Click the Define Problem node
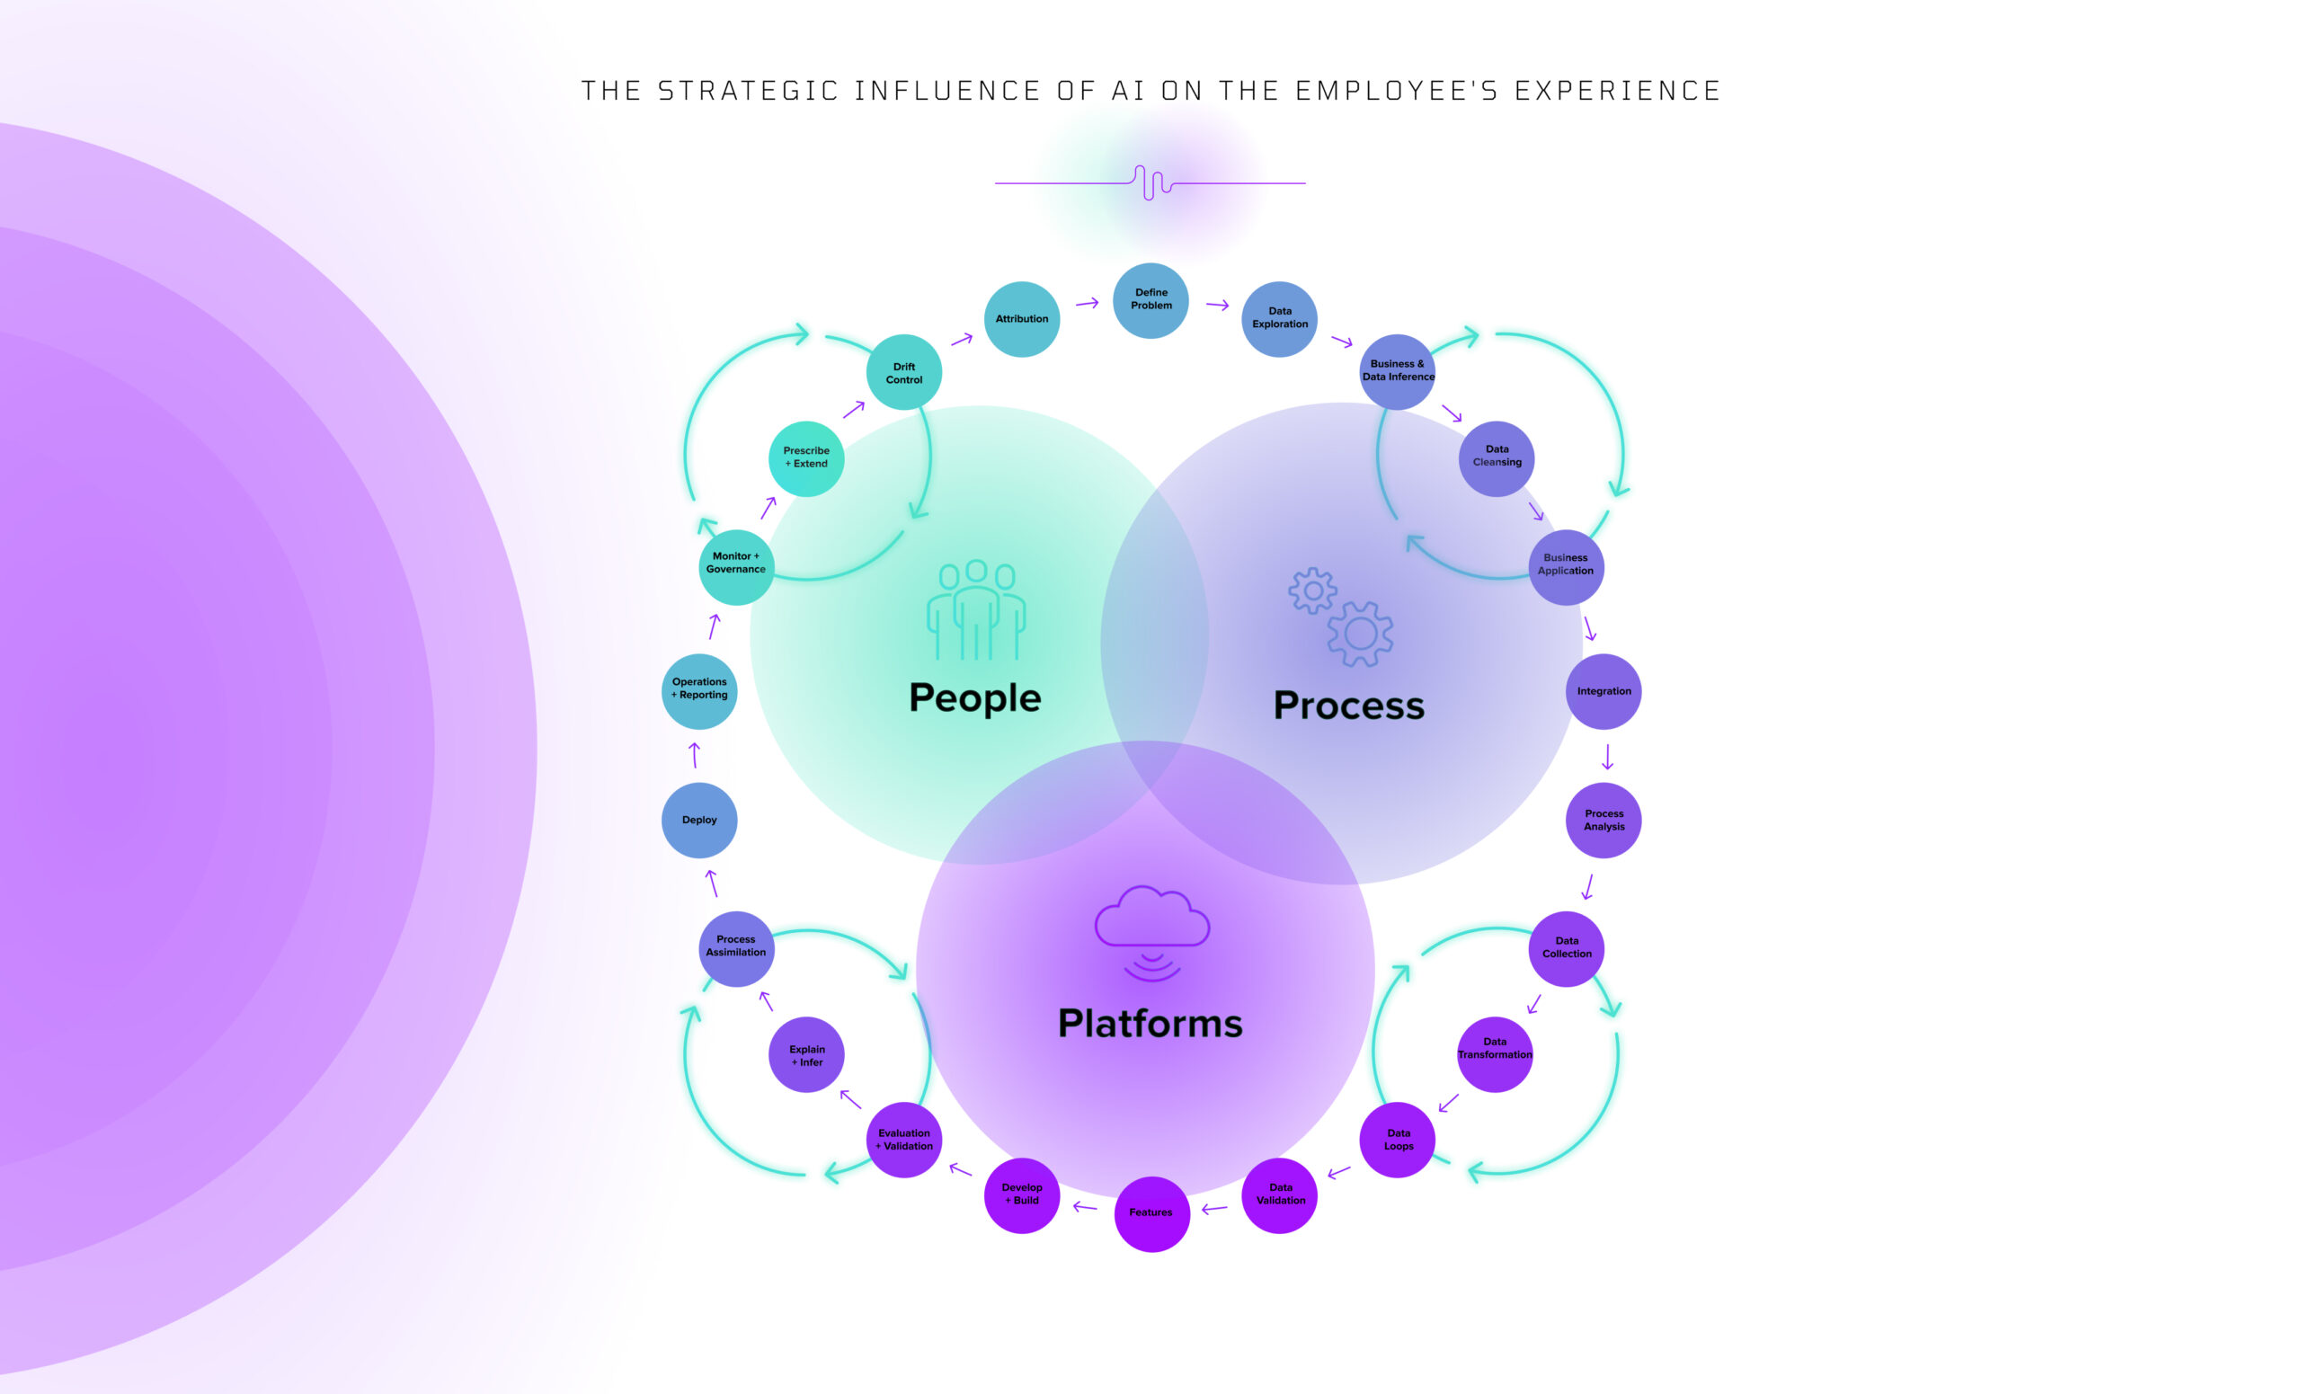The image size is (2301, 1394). coord(1150,299)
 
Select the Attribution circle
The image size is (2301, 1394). coord(1022,318)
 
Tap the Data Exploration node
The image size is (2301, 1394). coord(1279,318)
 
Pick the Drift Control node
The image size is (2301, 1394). coord(904,373)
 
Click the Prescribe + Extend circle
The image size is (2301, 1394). coord(806,458)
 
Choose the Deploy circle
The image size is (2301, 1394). coord(699,820)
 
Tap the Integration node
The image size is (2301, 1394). coord(1604,691)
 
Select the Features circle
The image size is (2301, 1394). coord(1151,1212)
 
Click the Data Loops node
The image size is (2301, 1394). coord(1398,1139)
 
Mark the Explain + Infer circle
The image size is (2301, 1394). coord(807,1055)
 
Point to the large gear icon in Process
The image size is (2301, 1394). coord(1360,634)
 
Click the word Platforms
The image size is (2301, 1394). coord(1150,1024)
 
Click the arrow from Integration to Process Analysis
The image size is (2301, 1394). coord(1607,756)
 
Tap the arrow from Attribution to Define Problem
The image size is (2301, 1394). coord(1087,304)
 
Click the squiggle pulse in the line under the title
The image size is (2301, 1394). coord(1152,183)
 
